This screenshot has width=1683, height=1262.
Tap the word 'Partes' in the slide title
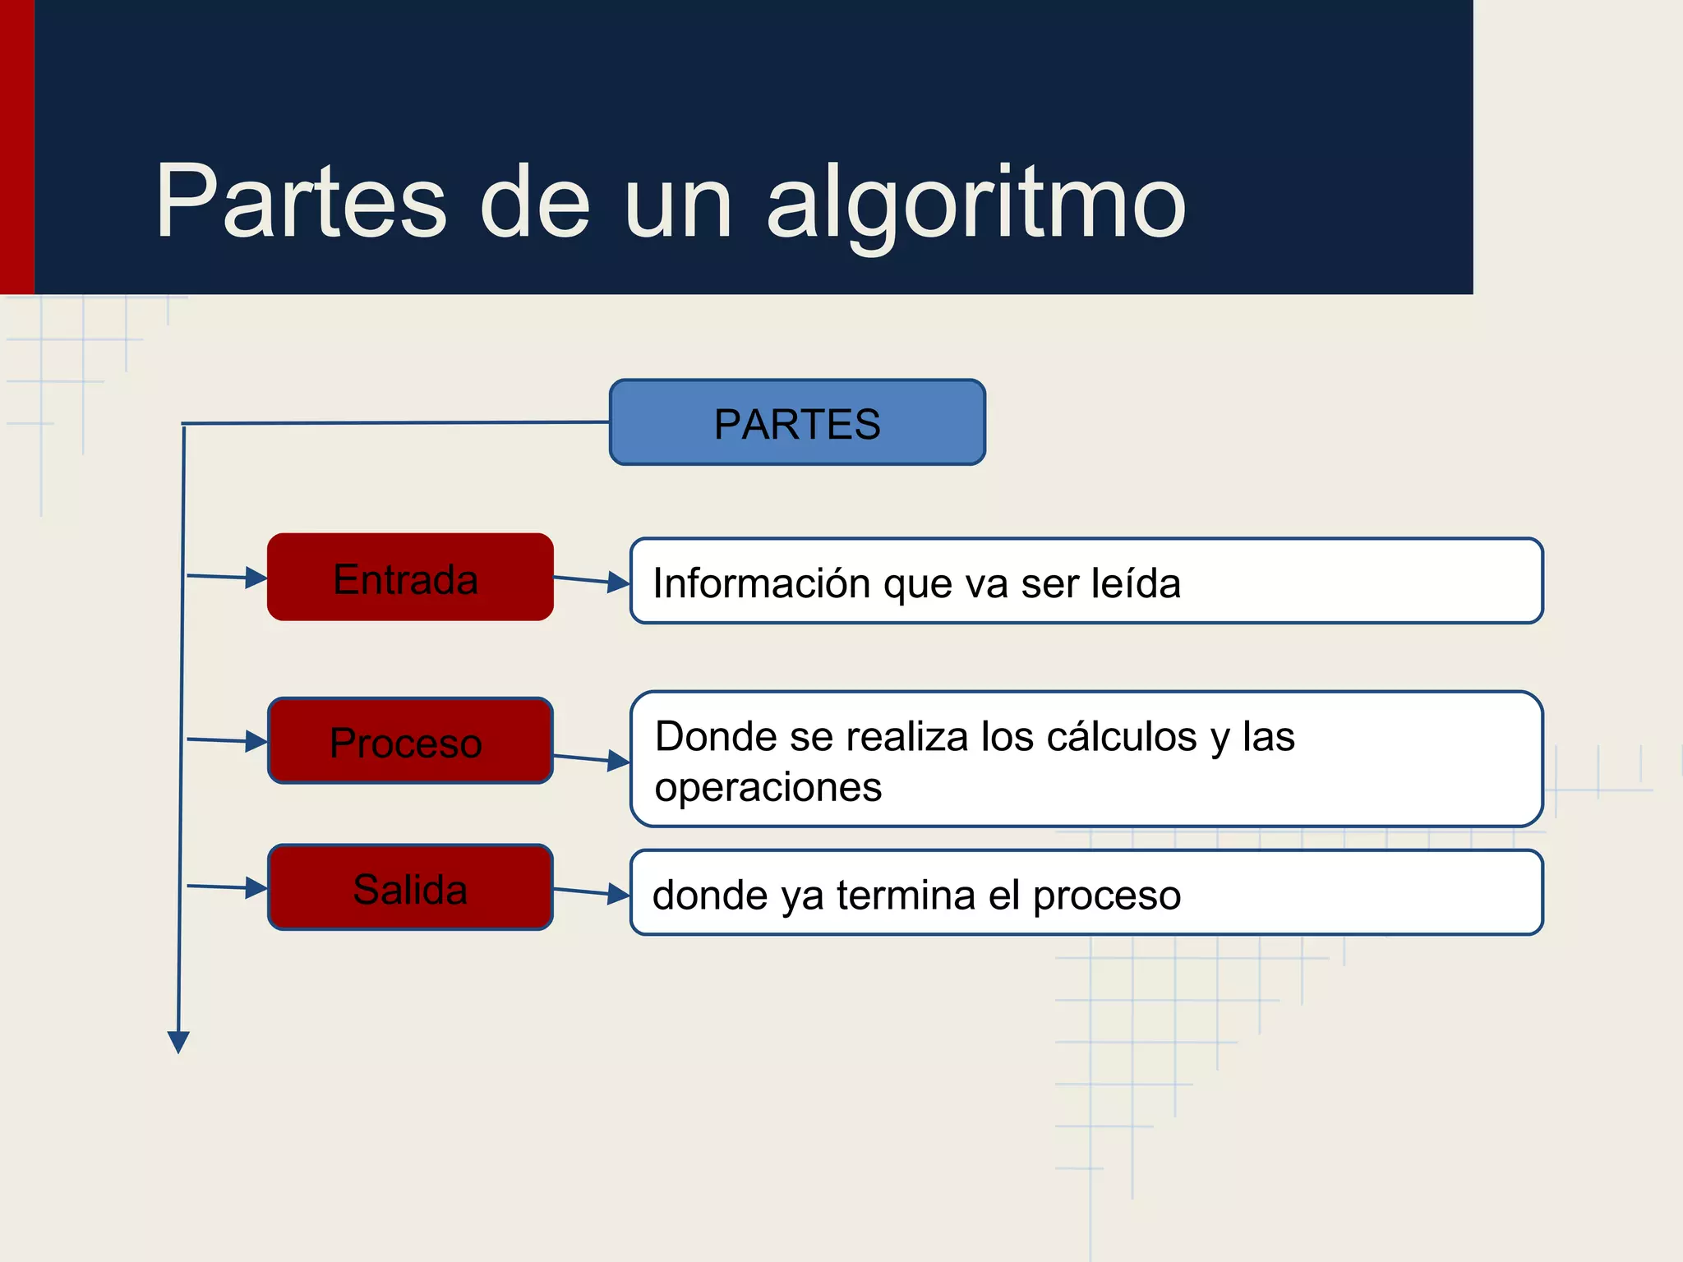(x=301, y=201)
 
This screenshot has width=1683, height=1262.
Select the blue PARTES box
(x=797, y=422)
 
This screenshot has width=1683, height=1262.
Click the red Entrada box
(x=410, y=578)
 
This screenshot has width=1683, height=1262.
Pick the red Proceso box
(x=410, y=741)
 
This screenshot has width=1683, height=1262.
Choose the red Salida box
(x=410, y=887)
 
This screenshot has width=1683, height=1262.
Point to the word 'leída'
(x=1136, y=583)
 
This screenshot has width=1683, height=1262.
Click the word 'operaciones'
(x=768, y=787)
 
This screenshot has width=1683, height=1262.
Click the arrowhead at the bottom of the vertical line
(x=178, y=1042)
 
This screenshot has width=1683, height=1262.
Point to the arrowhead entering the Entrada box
(x=256, y=578)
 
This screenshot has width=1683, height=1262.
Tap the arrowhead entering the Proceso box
(x=256, y=741)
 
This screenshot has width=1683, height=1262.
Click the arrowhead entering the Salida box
(x=256, y=887)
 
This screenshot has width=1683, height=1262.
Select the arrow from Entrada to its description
(x=592, y=581)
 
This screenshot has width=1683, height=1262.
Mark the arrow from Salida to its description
(x=592, y=892)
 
